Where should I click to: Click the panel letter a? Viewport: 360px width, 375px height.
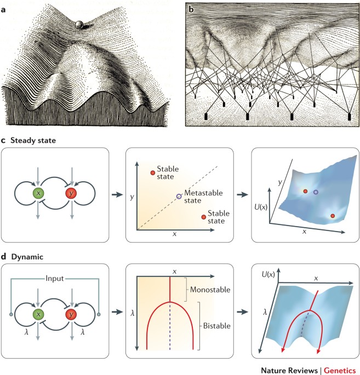coord(4,8)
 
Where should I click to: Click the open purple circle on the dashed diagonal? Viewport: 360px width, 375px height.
coord(178,195)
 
